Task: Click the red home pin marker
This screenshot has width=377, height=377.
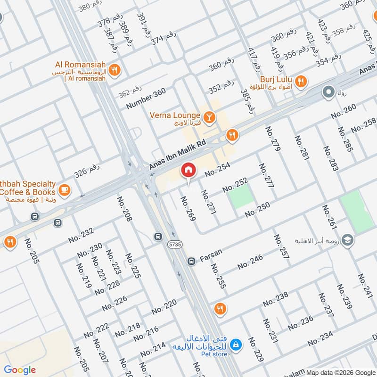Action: coord(188,170)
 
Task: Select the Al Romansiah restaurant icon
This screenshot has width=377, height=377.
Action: coord(114,71)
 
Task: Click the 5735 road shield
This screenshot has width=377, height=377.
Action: coord(174,244)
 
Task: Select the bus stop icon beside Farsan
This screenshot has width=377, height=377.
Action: coord(191,261)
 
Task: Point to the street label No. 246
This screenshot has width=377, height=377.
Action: coord(250,262)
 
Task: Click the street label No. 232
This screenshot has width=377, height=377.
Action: coord(81,236)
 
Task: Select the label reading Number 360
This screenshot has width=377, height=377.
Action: coord(146,99)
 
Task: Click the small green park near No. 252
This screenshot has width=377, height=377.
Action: coord(241,197)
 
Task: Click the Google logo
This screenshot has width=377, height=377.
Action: coord(20,370)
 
